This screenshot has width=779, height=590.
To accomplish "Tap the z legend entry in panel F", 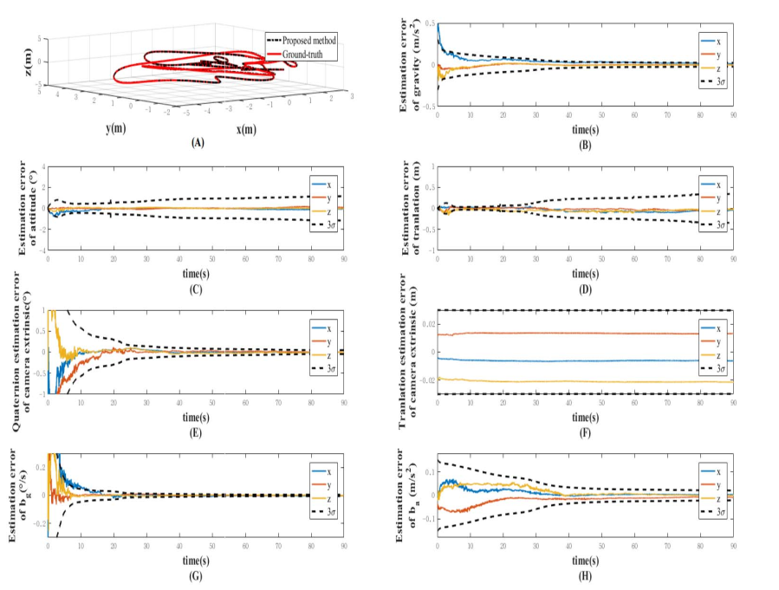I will click(x=720, y=355).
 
